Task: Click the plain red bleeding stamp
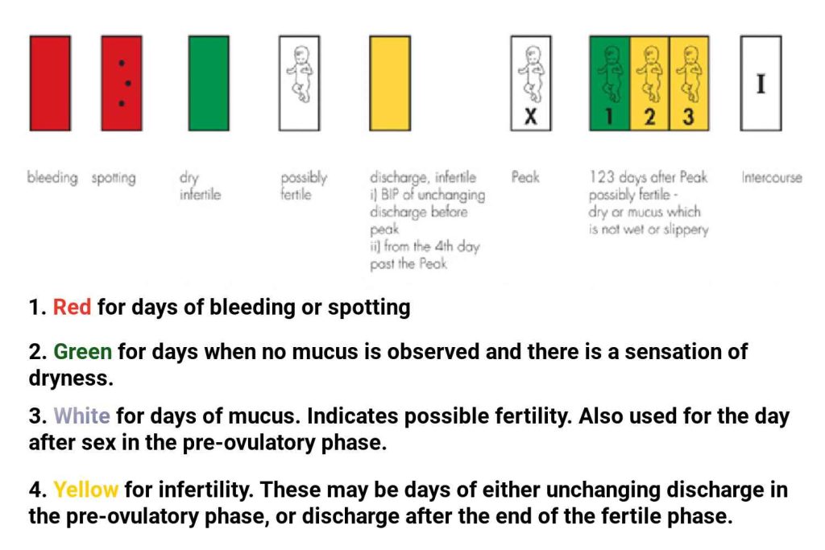(50, 83)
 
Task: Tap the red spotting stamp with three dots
(122, 83)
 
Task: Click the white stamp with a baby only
(299, 83)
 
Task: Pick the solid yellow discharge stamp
(389, 83)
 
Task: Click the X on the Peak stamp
(530, 118)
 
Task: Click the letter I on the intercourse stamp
(761, 84)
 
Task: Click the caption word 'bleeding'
(53, 178)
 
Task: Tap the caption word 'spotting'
(113, 178)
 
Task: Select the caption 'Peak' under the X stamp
(525, 177)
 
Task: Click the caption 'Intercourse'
(771, 177)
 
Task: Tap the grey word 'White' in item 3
(81, 418)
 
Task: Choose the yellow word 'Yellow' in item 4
(85, 490)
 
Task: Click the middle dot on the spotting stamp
(128, 83)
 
